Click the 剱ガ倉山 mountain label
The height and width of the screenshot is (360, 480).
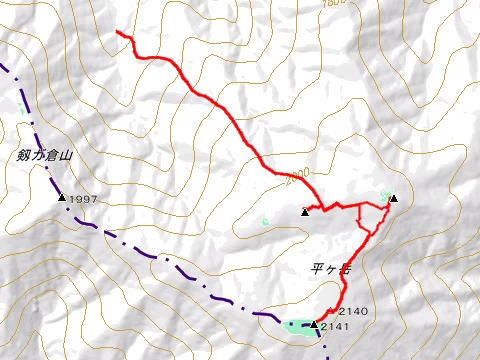coord(46,156)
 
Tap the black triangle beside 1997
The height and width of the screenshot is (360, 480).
coord(62,198)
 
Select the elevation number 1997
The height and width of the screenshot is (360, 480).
coord(84,200)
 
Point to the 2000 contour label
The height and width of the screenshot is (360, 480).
coord(295,176)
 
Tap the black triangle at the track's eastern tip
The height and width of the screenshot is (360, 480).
coord(393,199)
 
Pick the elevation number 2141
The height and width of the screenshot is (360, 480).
coord(337,326)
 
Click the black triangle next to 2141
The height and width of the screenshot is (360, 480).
coord(314,325)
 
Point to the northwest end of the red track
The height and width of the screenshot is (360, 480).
coord(118,32)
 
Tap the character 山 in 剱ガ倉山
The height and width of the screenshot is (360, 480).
coord(70,157)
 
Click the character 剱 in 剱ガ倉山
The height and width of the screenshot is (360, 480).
coord(22,156)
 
